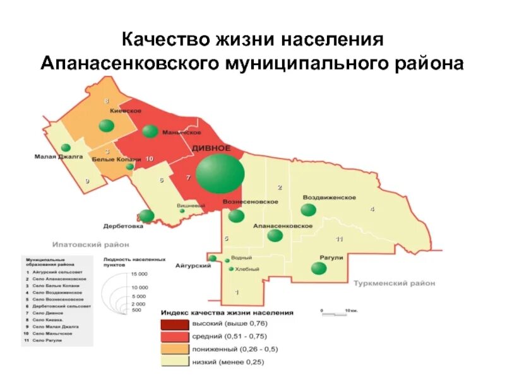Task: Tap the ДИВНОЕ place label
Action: pos(211,148)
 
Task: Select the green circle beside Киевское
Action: pos(107,125)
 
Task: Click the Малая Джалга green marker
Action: pos(66,148)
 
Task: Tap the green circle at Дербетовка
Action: pos(146,217)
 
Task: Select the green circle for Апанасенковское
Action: pos(275,236)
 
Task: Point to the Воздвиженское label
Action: pos(330,197)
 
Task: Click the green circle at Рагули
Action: pos(319,268)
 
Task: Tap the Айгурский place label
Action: pos(193,266)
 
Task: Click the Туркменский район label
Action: pos(395,283)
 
